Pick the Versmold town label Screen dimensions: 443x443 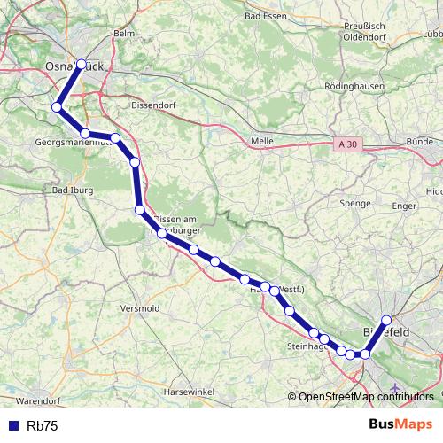click(x=140, y=308)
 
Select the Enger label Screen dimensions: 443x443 click(x=404, y=205)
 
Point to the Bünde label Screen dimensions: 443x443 click(x=419, y=141)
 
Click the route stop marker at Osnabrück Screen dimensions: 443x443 click(x=82, y=64)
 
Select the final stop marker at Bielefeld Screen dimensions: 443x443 click(x=386, y=320)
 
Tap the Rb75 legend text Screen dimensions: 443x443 click(x=42, y=426)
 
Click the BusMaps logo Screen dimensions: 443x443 click(x=401, y=424)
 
